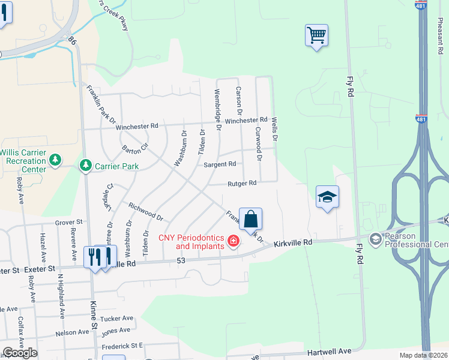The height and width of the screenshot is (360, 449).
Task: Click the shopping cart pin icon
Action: coord(316,35)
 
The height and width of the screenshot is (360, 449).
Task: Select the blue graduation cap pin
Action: coord(327,197)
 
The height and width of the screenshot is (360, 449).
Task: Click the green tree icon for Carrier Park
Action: coord(86,165)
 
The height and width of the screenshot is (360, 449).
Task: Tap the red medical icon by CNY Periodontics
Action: coord(233,242)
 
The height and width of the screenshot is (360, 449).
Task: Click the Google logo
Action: coord(19,353)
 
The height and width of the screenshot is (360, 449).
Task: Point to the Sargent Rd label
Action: coord(220,164)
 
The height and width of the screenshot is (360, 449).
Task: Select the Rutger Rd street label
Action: coord(241,183)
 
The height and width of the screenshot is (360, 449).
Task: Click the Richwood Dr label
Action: coord(145,211)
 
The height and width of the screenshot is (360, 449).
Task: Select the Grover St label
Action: coord(68,222)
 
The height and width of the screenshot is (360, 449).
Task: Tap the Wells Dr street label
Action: coord(275,129)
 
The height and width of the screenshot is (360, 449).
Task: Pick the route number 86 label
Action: coord(72,41)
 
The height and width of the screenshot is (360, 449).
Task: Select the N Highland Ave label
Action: coord(61,296)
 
